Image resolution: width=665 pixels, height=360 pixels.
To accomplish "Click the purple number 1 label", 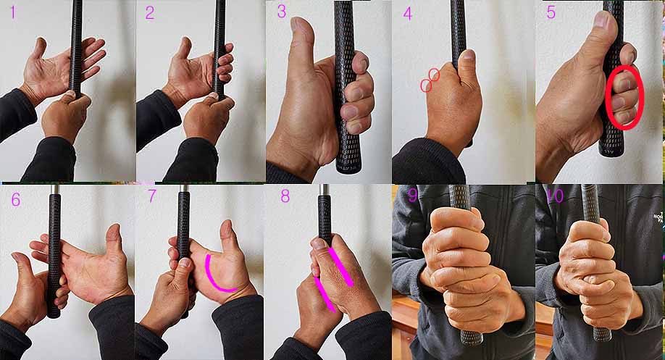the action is [13, 12].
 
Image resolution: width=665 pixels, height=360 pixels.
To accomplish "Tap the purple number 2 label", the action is [150, 13].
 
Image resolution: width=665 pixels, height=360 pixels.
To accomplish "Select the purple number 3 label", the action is [282, 12].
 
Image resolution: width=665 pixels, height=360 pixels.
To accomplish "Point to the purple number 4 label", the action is [408, 14].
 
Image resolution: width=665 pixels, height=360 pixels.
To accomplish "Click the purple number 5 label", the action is [551, 12].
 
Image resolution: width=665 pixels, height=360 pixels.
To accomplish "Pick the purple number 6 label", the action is [16, 199].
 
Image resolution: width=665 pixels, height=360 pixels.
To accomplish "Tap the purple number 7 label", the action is [152, 196].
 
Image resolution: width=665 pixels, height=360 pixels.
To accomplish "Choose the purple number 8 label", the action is [285, 196].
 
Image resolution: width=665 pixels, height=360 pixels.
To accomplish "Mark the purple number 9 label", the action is [412, 196].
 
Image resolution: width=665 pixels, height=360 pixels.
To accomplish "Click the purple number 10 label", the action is [555, 196].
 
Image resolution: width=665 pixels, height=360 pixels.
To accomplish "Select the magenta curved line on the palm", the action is [211, 277].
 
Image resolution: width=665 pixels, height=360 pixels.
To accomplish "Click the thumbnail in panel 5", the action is [601, 18].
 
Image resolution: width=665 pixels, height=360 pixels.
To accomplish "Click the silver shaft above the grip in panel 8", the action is [325, 189].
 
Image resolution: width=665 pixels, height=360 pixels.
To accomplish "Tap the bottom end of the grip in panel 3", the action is [348, 169].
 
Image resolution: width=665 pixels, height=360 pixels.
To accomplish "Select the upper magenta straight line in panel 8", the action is [340, 267].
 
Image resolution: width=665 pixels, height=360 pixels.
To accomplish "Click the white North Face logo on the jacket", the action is [658, 218].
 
